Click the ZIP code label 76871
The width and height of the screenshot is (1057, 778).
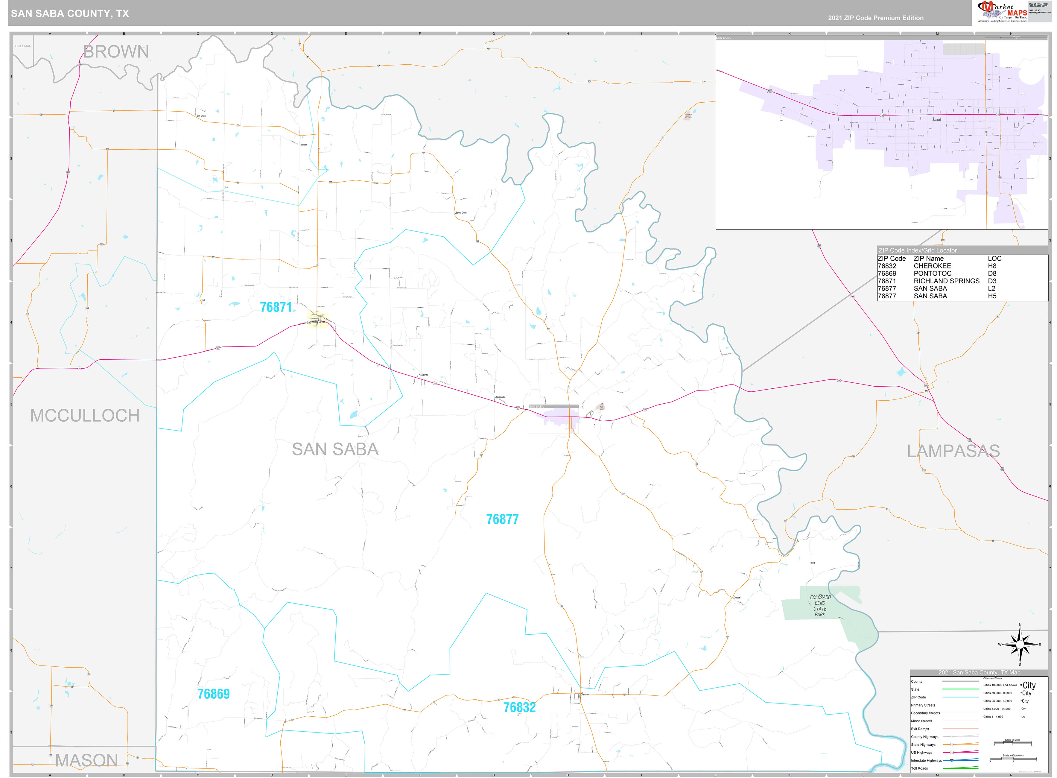pyautogui.click(x=276, y=307)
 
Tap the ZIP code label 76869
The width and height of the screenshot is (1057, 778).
pyautogui.click(x=213, y=694)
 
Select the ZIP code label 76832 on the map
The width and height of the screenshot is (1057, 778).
pyautogui.click(x=519, y=707)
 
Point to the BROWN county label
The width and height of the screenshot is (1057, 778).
pyautogui.click(x=116, y=51)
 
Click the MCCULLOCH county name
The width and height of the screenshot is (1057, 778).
pyautogui.click(x=85, y=415)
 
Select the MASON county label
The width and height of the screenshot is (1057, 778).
pyautogui.click(x=87, y=760)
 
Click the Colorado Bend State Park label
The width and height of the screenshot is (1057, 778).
pyautogui.click(x=820, y=606)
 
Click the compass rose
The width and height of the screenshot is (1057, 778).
pyautogui.click(x=1020, y=644)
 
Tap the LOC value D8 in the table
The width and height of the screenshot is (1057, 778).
pyautogui.click(x=992, y=273)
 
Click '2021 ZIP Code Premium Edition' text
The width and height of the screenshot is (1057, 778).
pyautogui.click(x=876, y=18)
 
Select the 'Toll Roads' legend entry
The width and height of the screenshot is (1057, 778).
pyautogui.click(x=919, y=768)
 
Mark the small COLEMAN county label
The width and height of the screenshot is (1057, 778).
pyautogui.click(x=23, y=46)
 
